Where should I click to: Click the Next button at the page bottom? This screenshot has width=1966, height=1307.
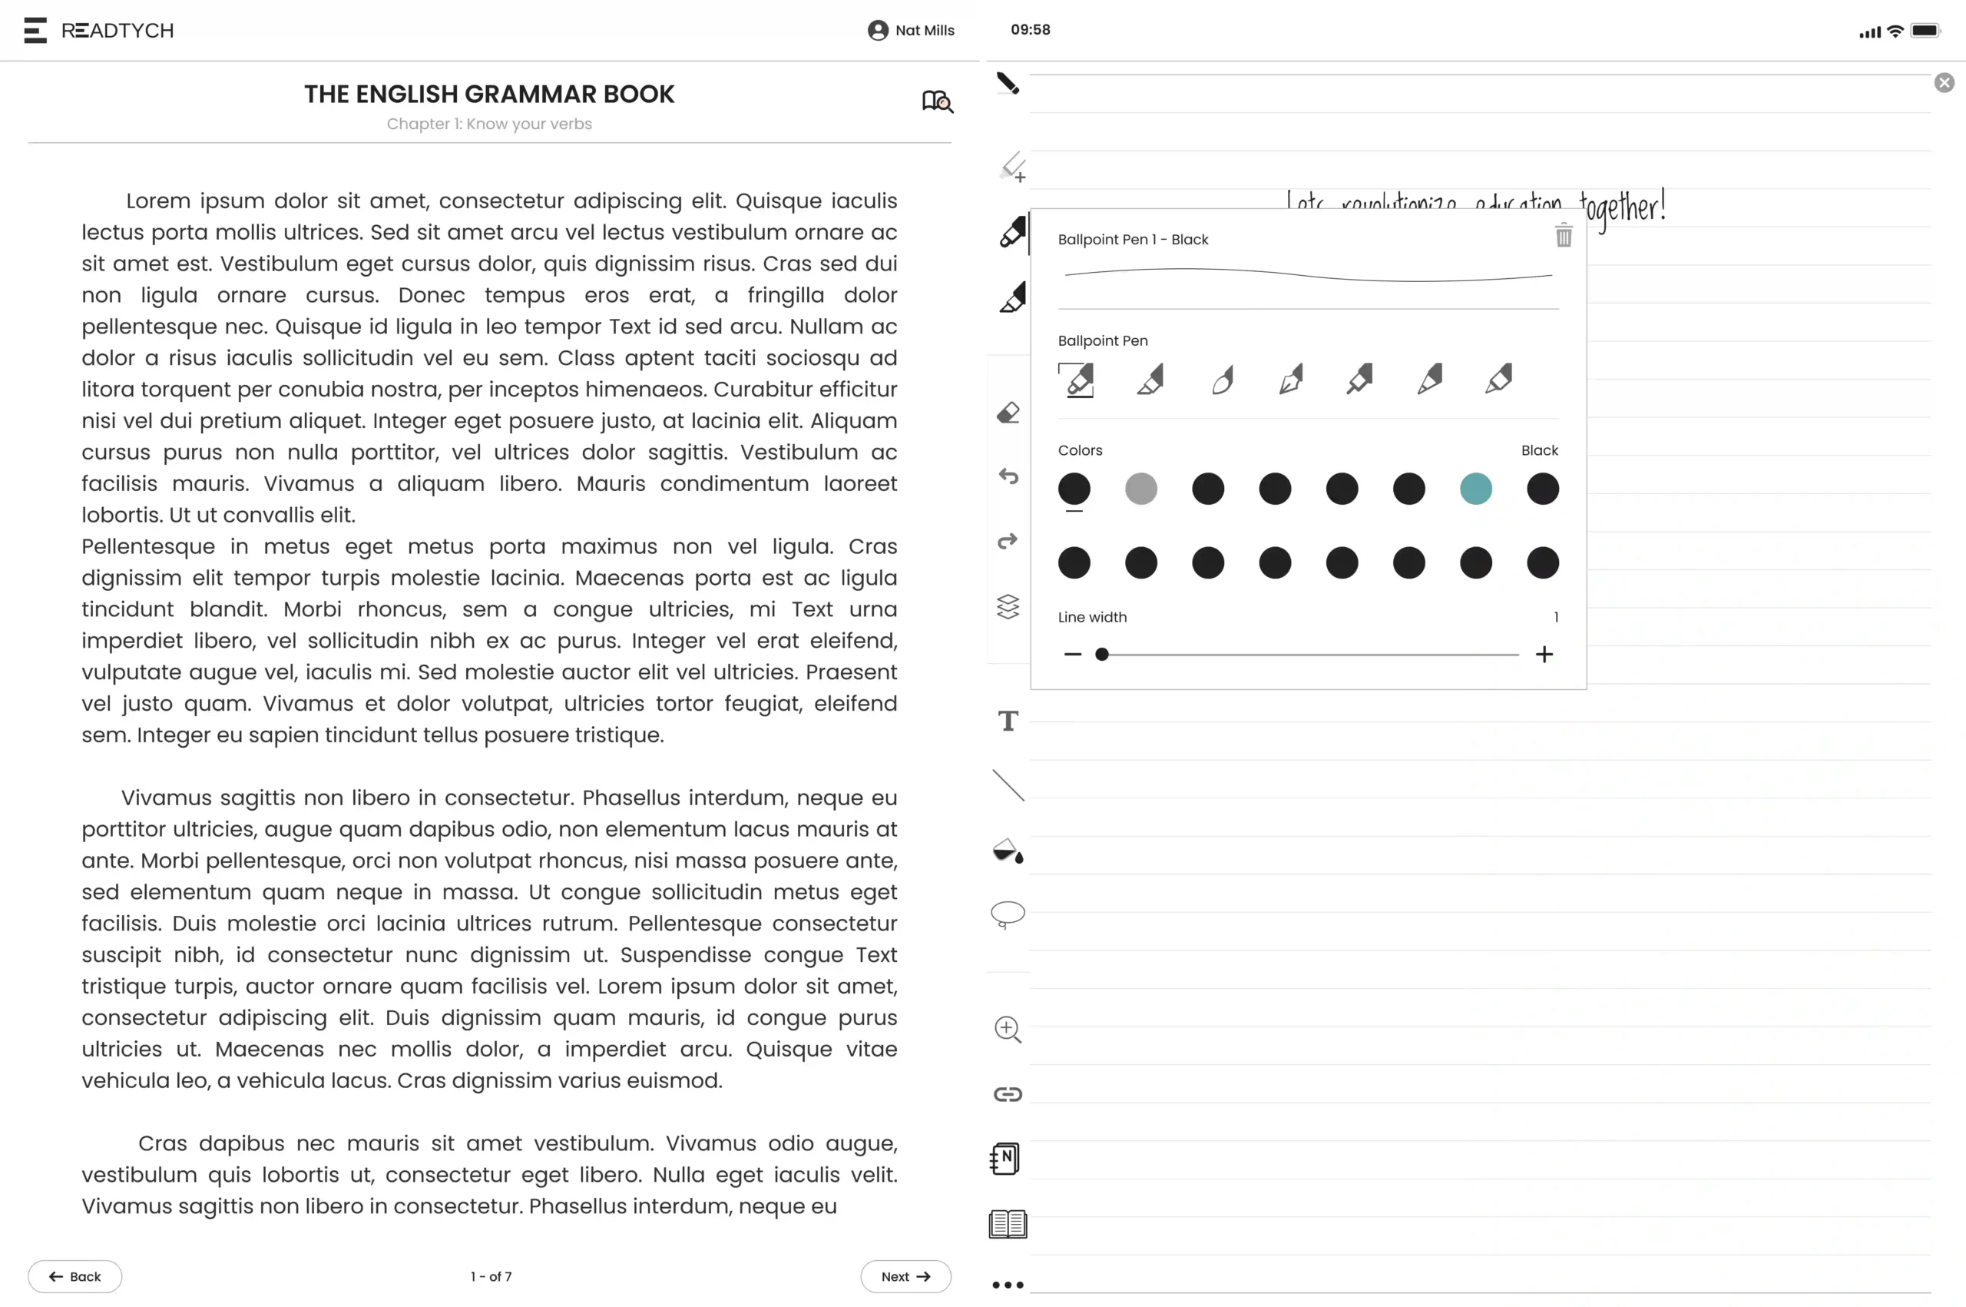pyautogui.click(x=905, y=1276)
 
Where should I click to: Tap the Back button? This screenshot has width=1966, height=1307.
pyautogui.click(x=75, y=1276)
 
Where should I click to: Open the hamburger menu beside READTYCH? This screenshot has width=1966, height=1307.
pyautogui.click(x=35, y=31)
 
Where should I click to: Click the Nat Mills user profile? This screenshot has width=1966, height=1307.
pyautogui.click(x=911, y=31)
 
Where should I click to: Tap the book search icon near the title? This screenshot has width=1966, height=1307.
pyautogui.click(x=937, y=101)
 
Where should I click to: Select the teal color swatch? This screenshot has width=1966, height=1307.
pyautogui.click(x=1475, y=489)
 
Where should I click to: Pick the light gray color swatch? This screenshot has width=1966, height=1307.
pyautogui.click(x=1140, y=489)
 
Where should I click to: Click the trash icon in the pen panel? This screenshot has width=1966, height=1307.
pyautogui.click(x=1563, y=236)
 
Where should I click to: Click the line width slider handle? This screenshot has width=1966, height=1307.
pyautogui.click(x=1101, y=655)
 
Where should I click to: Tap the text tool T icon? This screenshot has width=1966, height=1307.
pyautogui.click(x=1008, y=721)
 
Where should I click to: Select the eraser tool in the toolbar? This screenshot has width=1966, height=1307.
pyautogui.click(x=1008, y=413)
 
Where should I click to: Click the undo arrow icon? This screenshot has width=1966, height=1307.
pyautogui.click(x=1008, y=477)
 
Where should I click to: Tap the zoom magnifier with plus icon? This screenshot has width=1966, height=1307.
pyautogui.click(x=1008, y=1030)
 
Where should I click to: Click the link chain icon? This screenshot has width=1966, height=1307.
pyautogui.click(x=1008, y=1093)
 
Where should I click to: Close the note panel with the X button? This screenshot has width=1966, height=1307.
pyautogui.click(x=1944, y=82)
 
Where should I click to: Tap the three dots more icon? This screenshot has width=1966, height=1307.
pyautogui.click(x=1008, y=1285)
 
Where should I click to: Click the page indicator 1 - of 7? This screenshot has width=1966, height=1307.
pyautogui.click(x=491, y=1276)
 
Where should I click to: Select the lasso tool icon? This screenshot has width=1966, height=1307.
pyautogui.click(x=1008, y=914)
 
